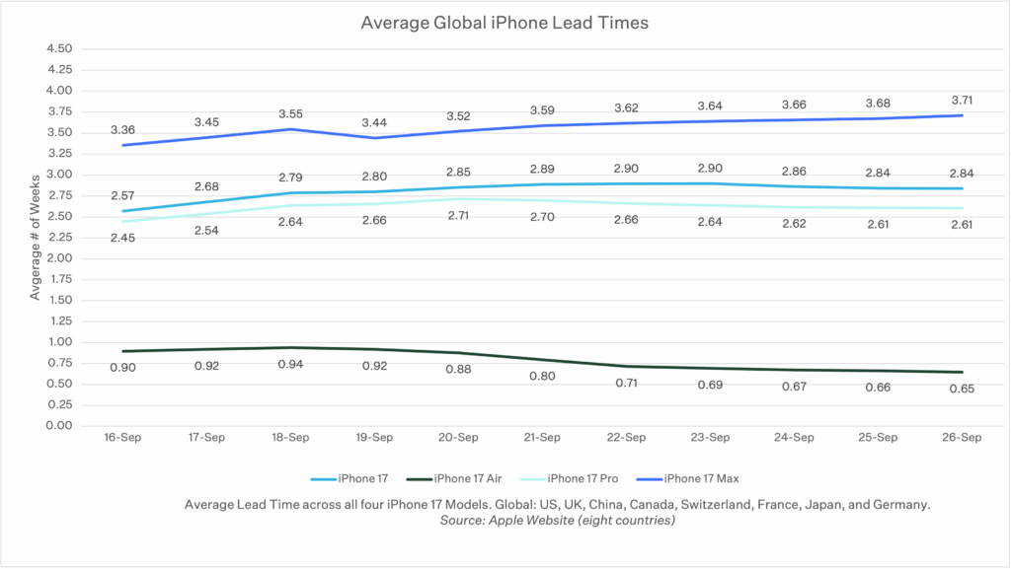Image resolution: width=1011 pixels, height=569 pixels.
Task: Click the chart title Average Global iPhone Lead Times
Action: click(505, 23)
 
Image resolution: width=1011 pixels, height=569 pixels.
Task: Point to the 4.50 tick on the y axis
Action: click(59, 48)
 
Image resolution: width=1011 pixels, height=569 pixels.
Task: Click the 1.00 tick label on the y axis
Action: click(59, 342)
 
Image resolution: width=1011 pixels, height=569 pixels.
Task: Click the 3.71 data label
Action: click(962, 100)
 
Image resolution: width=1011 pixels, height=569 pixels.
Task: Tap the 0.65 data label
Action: click(962, 389)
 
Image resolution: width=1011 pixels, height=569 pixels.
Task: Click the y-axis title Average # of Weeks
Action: click(36, 237)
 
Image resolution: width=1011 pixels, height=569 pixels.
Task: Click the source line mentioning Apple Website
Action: click(558, 521)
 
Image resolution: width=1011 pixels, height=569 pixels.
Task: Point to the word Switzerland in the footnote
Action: click(674, 504)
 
